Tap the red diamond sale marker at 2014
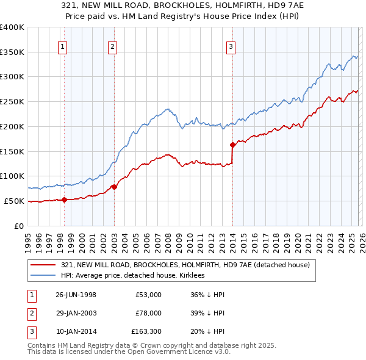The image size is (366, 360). (232, 145)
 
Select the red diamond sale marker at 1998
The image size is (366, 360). (64, 199)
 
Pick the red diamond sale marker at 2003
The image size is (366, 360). (114, 187)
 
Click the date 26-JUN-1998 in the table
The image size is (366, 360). (76, 295)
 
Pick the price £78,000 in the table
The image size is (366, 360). (149, 313)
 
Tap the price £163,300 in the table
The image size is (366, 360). (146, 331)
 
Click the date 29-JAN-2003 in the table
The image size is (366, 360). (76, 313)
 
